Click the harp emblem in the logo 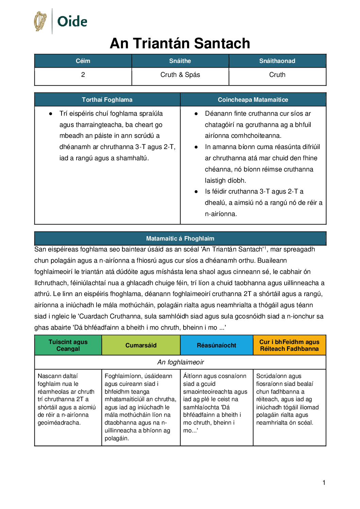(x=40, y=21)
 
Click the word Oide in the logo (x=72, y=21)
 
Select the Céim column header (x=83, y=61)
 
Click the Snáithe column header (x=180, y=61)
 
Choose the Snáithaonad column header (x=277, y=61)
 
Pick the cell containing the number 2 (x=83, y=75)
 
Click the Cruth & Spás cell (x=180, y=75)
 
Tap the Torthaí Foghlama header (x=107, y=100)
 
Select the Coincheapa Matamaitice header (x=253, y=100)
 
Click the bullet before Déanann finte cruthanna (x=196, y=114)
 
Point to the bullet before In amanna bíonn (x=196, y=147)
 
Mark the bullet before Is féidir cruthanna (x=196, y=192)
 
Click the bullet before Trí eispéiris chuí (x=51, y=114)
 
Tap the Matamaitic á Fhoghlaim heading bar (x=180, y=239)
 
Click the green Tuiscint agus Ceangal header (x=68, y=345)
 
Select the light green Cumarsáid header (x=141, y=345)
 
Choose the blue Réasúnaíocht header (x=217, y=345)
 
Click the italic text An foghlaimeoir (x=181, y=362)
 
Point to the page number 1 (x=324, y=482)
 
